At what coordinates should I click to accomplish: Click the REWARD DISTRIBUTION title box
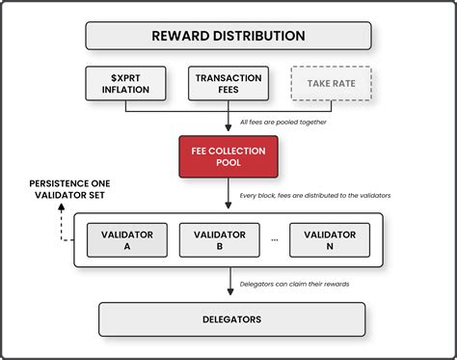(228, 36)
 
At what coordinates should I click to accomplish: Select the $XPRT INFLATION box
(125, 83)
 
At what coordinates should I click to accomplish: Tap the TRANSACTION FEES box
(228, 83)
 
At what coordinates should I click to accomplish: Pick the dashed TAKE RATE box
(330, 83)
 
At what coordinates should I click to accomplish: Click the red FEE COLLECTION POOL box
(228, 157)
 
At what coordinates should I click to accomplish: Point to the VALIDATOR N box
(330, 240)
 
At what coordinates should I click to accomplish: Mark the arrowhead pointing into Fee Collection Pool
(228, 131)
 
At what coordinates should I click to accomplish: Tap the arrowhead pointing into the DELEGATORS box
(228, 296)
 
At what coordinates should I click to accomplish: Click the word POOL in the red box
(228, 165)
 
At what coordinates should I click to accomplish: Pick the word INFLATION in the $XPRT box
(125, 91)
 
